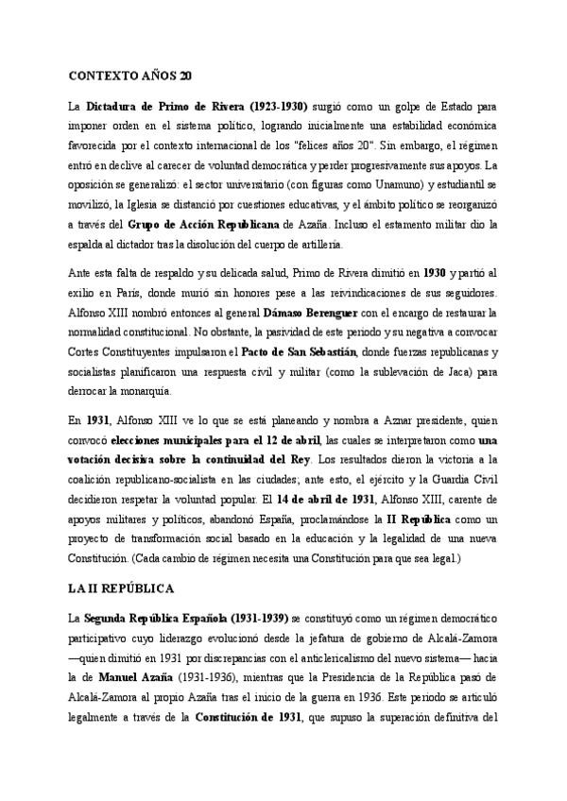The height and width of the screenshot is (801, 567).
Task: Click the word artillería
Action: tap(339, 245)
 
